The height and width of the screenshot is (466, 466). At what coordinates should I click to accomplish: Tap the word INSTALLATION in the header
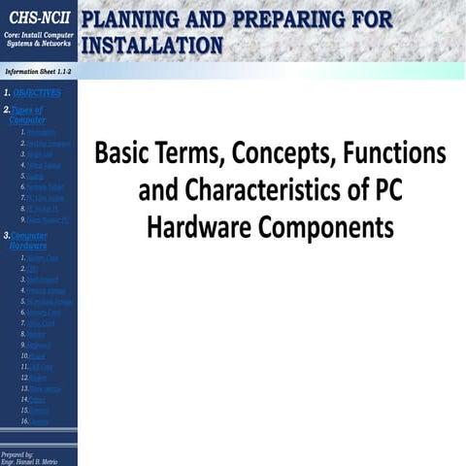point(152,45)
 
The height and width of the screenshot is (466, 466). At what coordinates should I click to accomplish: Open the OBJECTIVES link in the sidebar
point(36,93)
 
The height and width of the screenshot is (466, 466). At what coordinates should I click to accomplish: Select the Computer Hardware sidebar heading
point(27,241)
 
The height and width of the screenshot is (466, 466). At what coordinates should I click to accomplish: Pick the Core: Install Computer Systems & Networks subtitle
point(38,39)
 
